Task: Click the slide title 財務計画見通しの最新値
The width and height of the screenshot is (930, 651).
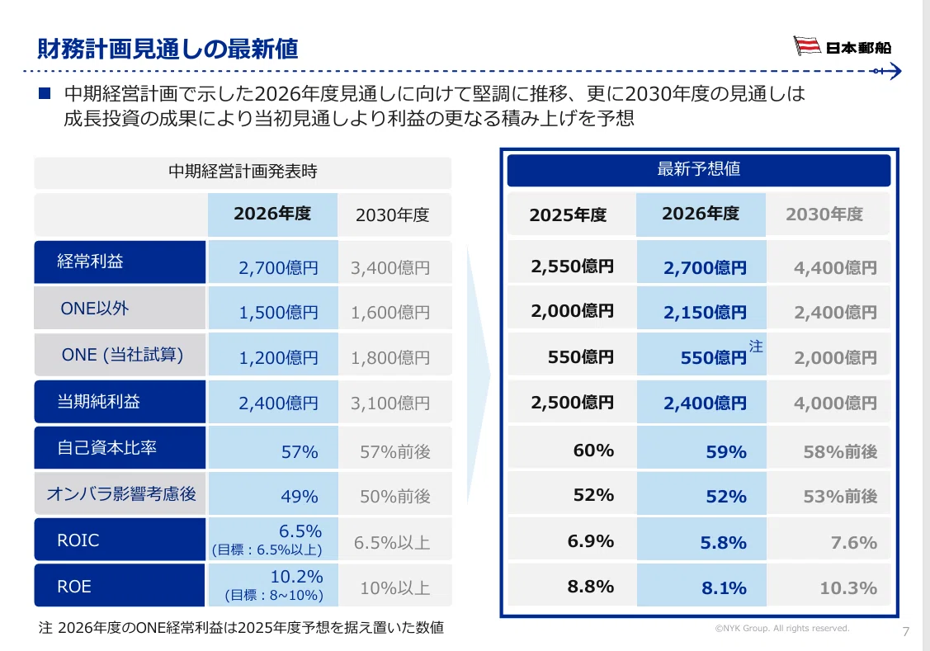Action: (168, 49)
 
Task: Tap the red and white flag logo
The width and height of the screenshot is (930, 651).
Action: (807, 45)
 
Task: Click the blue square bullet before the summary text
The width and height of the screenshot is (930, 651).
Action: (45, 93)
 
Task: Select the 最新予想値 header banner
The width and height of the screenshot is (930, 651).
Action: (699, 170)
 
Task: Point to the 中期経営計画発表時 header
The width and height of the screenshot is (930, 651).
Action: (243, 172)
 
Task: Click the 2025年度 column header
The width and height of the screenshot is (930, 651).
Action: (568, 215)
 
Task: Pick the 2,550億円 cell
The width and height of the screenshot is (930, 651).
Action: (573, 267)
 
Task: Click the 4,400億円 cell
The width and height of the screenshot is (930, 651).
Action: (835, 268)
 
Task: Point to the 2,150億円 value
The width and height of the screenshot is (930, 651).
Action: (705, 313)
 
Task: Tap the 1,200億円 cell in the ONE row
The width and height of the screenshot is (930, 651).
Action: (278, 358)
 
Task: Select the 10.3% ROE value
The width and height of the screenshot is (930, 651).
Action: (848, 588)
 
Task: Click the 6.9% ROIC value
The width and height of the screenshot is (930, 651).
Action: (590, 541)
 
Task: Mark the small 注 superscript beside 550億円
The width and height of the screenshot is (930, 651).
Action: (756, 347)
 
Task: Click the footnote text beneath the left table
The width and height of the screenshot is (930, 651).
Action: (241, 627)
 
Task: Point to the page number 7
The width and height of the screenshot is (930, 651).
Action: (906, 631)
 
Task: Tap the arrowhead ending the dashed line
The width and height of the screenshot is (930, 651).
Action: (895, 71)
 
